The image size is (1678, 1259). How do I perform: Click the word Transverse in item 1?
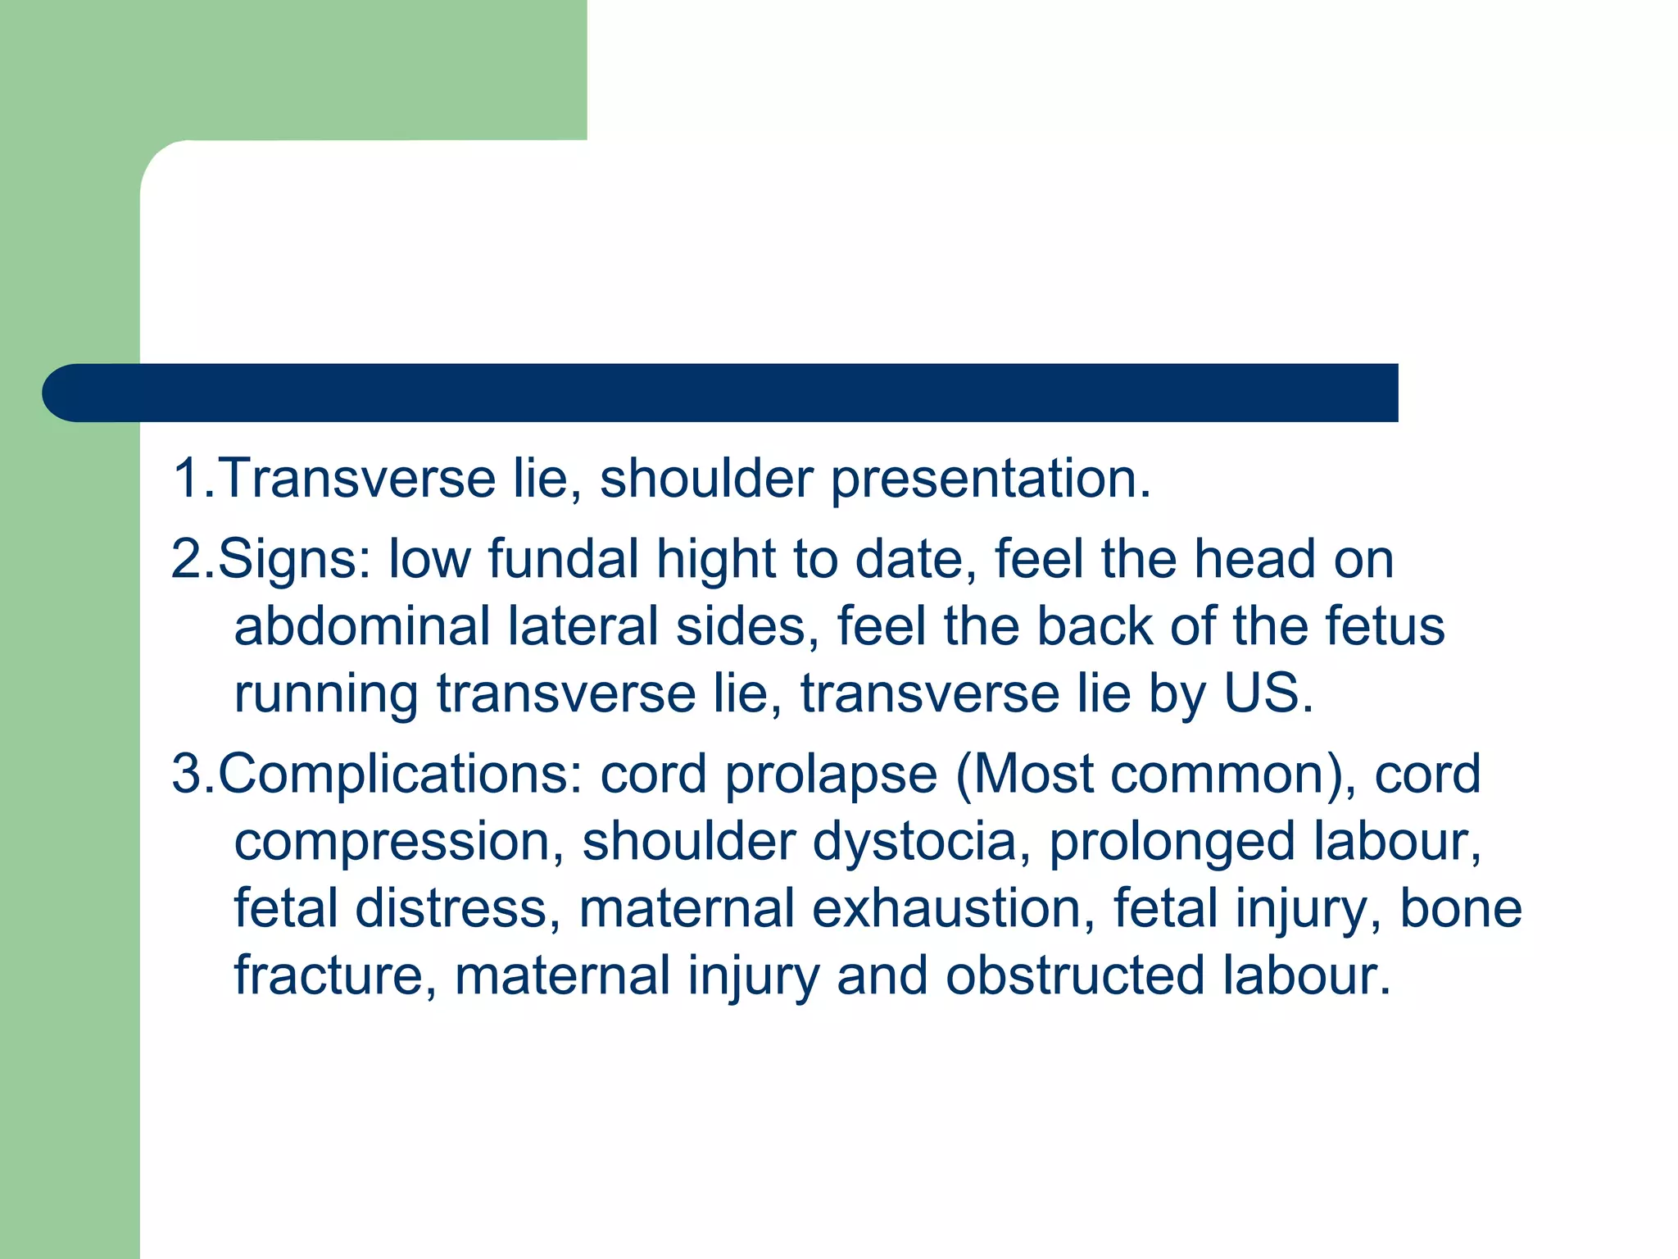(357, 478)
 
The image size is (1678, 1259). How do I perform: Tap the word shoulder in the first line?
(706, 478)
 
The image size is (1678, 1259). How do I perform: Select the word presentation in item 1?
(990, 480)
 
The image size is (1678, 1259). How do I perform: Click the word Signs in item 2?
(293, 560)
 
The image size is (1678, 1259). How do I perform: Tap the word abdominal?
(361, 626)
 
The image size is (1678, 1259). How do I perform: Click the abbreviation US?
(1267, 693)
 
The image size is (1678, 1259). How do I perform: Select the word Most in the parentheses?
(1033, 775)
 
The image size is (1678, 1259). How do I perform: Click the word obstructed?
(1074, 976)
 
